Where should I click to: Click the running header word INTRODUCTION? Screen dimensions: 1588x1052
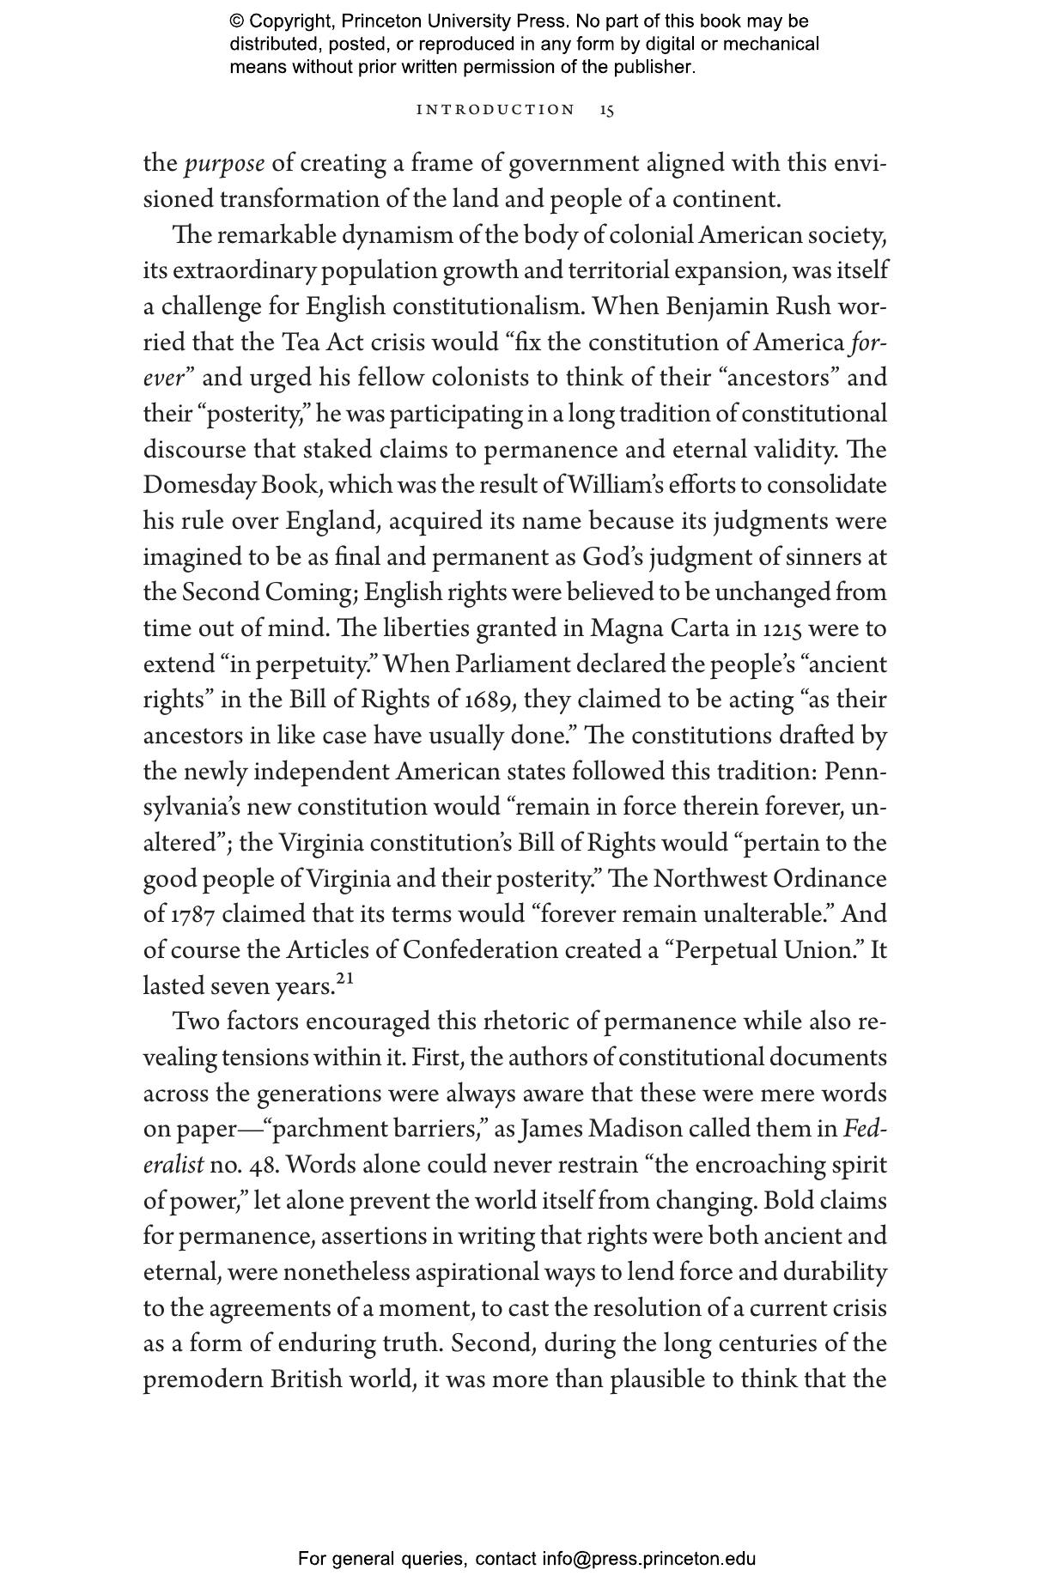496,110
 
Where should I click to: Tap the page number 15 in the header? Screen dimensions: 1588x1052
607,110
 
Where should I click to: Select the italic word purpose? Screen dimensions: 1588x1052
224,163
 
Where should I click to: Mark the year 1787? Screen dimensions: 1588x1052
190,915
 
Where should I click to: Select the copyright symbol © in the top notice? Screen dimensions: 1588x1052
237,21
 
